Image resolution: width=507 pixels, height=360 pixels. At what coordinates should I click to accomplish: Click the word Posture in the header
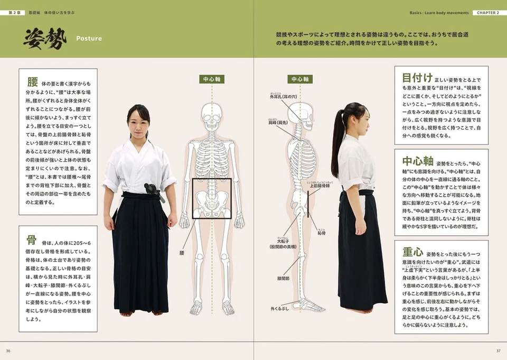[89, 39]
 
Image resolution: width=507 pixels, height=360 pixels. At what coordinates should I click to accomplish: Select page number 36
[8, 350]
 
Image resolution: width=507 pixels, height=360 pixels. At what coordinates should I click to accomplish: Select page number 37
[498, 350]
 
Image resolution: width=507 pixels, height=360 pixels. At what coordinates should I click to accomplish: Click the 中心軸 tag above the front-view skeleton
[212, 79]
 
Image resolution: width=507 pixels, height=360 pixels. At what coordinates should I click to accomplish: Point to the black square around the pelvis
[212, 198]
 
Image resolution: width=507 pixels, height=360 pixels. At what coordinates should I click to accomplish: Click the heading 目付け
[417, 78]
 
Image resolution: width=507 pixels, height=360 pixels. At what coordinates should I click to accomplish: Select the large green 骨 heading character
[32, 240]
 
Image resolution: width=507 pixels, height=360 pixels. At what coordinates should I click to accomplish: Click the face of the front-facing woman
[138, 120]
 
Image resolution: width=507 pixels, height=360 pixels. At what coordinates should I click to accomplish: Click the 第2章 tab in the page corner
[13, 12]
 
